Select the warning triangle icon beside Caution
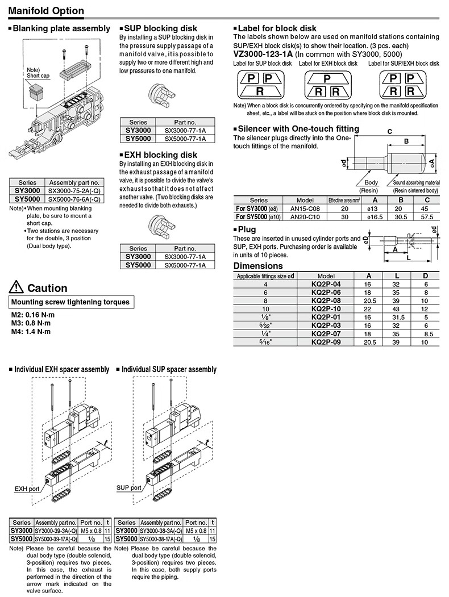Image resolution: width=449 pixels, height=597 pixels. pyautogui.click(x=16, y=287)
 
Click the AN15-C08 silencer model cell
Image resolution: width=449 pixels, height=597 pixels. pyautogui.click(x=305, y=208)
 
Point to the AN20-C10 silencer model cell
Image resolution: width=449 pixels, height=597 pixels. pyautogui.click(x=305, y=216)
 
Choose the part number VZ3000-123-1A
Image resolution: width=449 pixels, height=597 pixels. pyautogui.click(x=267, y=54)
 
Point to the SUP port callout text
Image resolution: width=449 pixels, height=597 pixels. pyautogui.click(x=128, y=487)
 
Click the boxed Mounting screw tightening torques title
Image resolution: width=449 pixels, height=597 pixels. pyautogui.click(x=70, y=302)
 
